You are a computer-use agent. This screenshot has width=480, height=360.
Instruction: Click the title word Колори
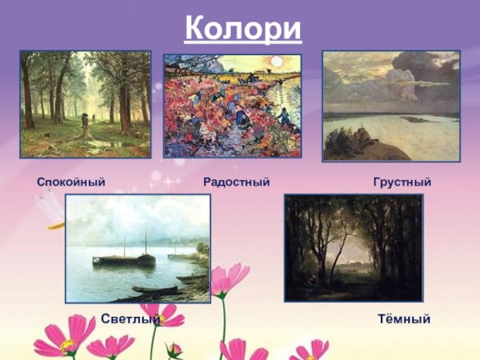point(243,29)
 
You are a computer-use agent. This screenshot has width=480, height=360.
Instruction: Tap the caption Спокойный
point(71,183)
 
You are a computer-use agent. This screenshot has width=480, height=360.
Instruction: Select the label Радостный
point(237,183)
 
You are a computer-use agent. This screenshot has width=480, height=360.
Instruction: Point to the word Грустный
point(402,183)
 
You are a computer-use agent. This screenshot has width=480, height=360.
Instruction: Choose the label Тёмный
point(404,319)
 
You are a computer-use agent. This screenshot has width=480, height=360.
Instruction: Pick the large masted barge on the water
point(124,258)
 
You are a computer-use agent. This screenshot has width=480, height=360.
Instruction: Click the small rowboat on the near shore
point(156,289)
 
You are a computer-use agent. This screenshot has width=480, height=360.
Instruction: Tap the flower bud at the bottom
point(175,349)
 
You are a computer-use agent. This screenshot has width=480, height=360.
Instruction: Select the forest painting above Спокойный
point(85,104)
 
